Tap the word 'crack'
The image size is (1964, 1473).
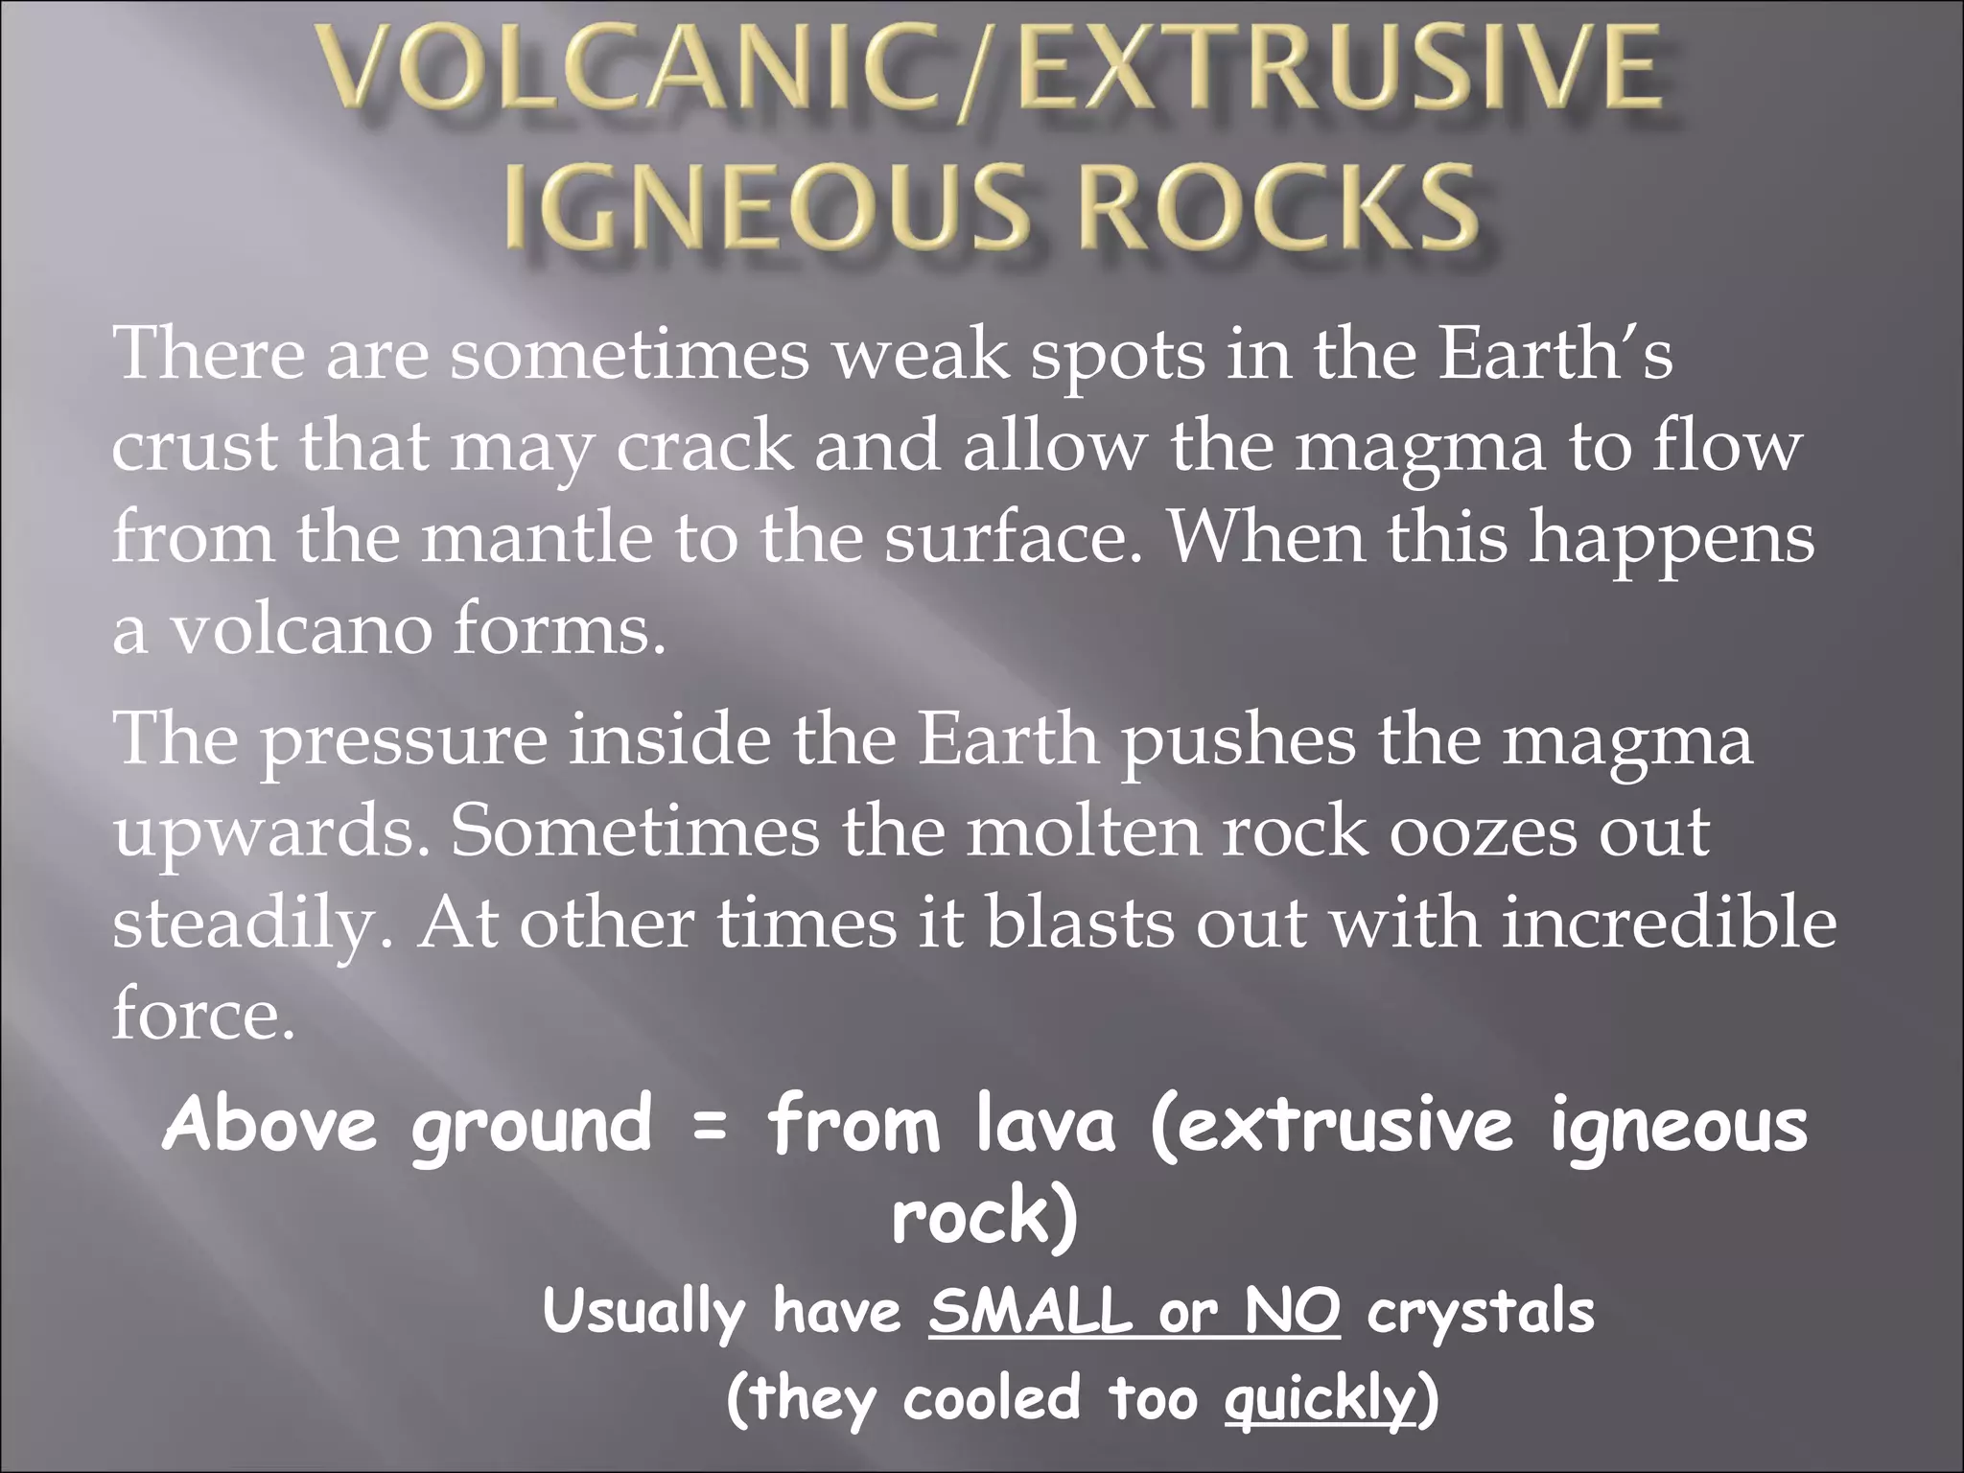(x=705, y=448)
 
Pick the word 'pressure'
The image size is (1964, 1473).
(x=404, y=741)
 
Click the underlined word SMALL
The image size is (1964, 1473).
(x=1030, y=1311)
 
